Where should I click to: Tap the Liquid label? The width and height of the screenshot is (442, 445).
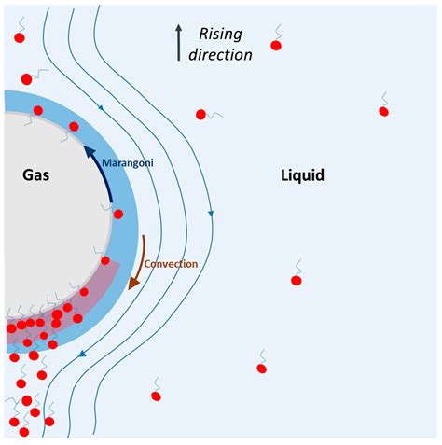coord(302,174)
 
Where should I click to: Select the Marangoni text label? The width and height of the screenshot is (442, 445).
coord(129,163)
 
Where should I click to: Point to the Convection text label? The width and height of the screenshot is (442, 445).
coord(172,264)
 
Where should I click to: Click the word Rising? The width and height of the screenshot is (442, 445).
coord(220,35)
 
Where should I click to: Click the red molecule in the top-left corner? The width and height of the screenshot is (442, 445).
coord(21,37)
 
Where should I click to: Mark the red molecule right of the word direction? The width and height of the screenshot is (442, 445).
coord(276,45)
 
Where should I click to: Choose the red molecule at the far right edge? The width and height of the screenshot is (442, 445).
coord(383,111)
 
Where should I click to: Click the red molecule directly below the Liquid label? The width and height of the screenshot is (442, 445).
coord(297,280)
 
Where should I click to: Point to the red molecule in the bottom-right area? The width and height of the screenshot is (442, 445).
coord(261,368)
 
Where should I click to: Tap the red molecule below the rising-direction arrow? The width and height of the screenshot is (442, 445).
coord(200,115)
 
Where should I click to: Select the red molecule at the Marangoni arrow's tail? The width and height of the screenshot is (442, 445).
coord(118,214)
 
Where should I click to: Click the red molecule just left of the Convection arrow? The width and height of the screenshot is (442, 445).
coord(105,260)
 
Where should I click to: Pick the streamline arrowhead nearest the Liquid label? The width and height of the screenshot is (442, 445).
coord(211,214)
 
